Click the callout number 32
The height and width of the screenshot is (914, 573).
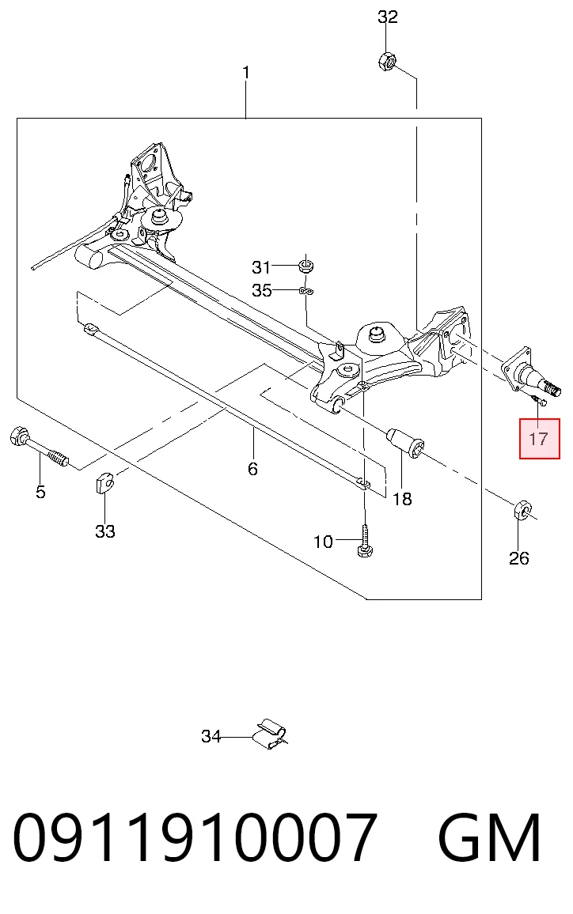click(x=388, y=17)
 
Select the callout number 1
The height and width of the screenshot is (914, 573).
click(x=246, y=72)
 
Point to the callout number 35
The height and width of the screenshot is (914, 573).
click(x=262, y=290)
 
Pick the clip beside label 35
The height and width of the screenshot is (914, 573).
click(x=305, y=290)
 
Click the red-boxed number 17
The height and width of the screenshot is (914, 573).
click(x=539, y=438)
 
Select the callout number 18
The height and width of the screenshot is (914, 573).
click(x=402, y=499)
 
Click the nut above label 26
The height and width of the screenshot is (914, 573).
click(x=522, y=509)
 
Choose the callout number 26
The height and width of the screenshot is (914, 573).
click(x=518, y=558)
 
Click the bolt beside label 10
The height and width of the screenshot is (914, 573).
click(x=366, y=540)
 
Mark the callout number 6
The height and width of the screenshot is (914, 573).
click(x=252, y=469)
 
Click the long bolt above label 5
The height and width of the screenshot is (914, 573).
click(x=40, y=448)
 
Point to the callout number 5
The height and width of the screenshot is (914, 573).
click(x=40, y=492)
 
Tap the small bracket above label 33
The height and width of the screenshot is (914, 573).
click(x=104, y=482)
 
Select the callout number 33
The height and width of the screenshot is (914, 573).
click(x=105, y=531)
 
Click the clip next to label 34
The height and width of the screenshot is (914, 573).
click(x=270, y=733)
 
